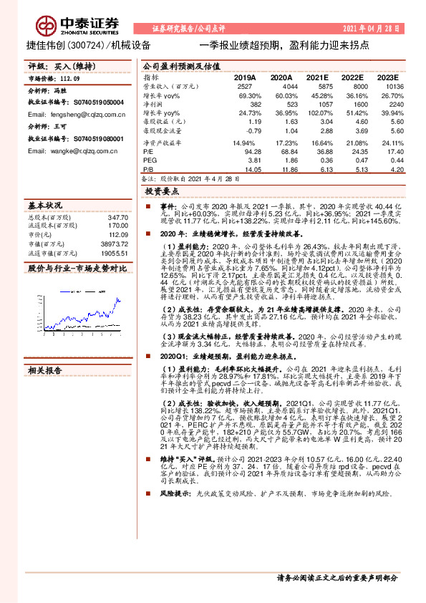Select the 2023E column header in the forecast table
pos(387,77)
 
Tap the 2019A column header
pos(245,77)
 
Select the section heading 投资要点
pos(162,193)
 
